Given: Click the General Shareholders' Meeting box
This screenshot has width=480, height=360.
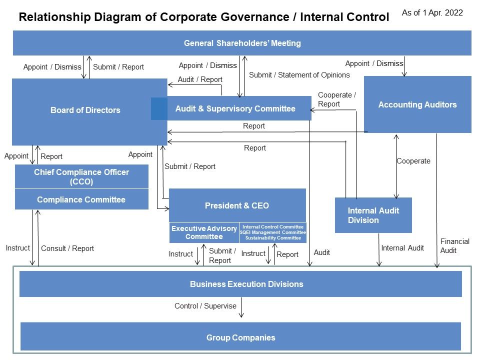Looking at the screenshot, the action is [x=242, y=43].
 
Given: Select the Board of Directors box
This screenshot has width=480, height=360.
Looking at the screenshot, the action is [x=89, y=111].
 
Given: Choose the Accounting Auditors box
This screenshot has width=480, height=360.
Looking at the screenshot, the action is [x=417, y=104].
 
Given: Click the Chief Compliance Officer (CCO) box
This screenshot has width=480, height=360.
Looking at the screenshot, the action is [x=81, y=176].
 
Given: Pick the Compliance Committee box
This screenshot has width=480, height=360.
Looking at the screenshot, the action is [x=81, y=199].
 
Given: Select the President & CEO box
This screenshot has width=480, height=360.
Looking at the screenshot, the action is [x=237, y=205].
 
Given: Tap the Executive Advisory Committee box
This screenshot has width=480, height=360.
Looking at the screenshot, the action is [x=204, y=232].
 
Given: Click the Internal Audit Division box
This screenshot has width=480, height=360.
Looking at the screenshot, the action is [x=373, y=215].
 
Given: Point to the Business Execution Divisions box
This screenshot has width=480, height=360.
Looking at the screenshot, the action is [x=240, y=284].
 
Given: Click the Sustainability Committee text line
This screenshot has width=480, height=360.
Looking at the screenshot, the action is [x=273, y=238].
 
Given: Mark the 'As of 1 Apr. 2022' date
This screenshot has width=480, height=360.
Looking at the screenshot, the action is [x=432, y=13].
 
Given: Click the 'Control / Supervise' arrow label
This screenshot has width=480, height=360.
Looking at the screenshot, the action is [x=205, y=306].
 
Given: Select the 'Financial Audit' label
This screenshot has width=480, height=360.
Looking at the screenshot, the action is [x=454, y=246].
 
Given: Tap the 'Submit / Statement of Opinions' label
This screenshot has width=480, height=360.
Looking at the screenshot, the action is [x=299, y=75].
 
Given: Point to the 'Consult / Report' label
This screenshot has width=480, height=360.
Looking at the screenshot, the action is [x=67, y=248].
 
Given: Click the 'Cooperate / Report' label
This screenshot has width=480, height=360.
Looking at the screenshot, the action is [x=336, y=99].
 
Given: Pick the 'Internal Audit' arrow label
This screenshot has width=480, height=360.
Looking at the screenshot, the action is [x=402, y=248].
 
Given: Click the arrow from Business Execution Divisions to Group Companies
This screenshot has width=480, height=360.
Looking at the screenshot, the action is [x=241, y=307].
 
